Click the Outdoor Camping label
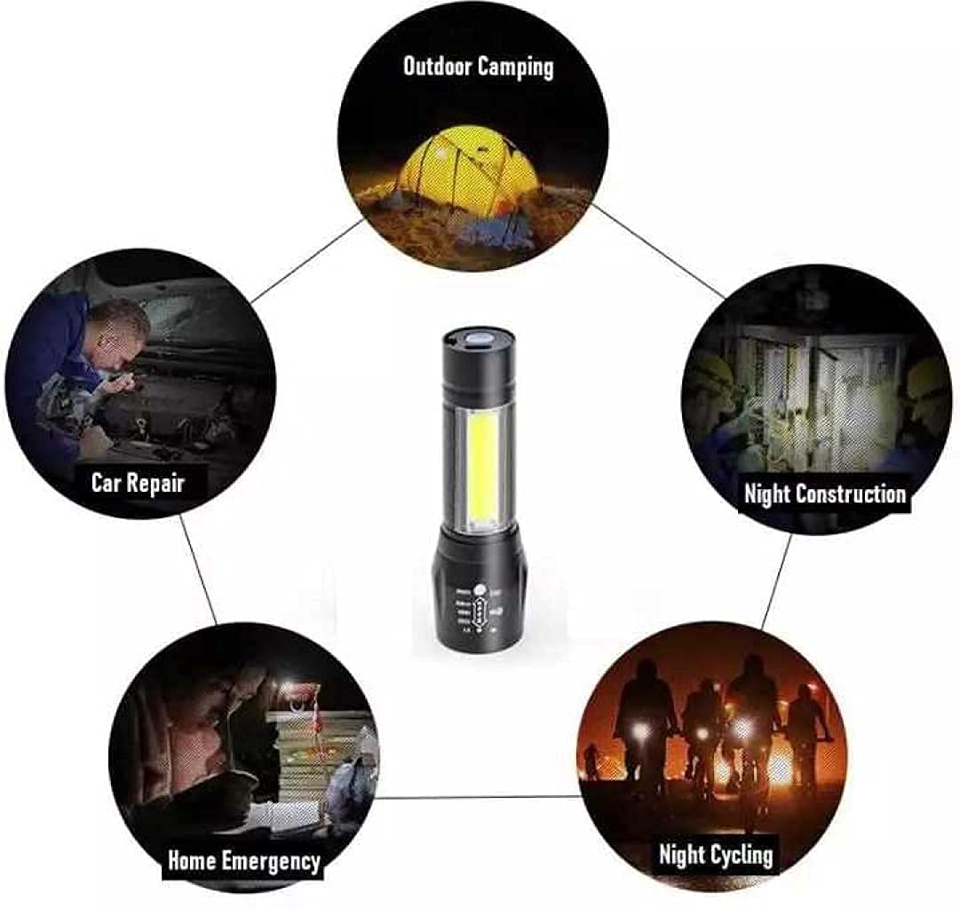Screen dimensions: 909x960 point(478,67)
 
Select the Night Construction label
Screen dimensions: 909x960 point(824,494)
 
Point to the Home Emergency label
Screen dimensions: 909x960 point(243,859)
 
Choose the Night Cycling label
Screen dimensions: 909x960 point(715,855)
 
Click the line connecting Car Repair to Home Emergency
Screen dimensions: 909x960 point(199,569)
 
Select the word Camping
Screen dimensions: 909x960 point(515,67)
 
